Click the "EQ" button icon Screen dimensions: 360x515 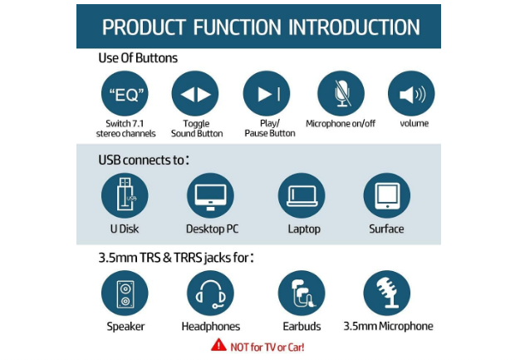[124, 94]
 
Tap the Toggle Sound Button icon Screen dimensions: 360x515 [195, 94]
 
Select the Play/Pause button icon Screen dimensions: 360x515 [267, 94]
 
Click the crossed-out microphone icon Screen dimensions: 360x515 [341, 94]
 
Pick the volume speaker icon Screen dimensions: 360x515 [411, 94]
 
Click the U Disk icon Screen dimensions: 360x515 [125, 195]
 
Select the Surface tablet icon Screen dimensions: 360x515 [386, 195]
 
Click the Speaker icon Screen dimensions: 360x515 [125, 293]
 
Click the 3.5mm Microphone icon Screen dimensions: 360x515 [386, 293]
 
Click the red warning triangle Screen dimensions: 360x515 [218, 344]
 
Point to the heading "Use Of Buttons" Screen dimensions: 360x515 [138, 58]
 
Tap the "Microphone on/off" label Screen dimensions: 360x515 [341, 124]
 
